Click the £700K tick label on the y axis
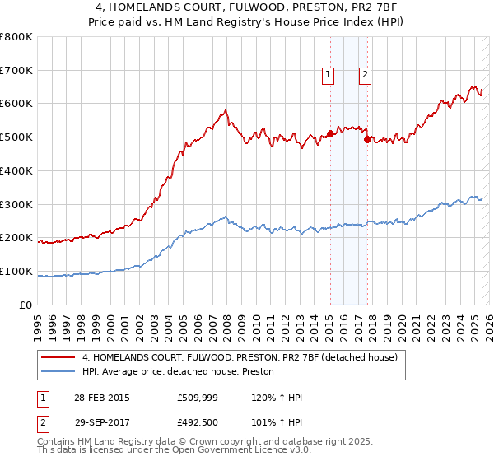pyautogui.click(x=16, y=70)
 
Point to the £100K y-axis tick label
pyautogui.click(x=16, y=271)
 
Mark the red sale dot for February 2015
pyautogui.click(x=330, y=133)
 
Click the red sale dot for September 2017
pyautogui.click(x=367, y=139)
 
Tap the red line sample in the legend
pyautogui.click(x=58, y=357)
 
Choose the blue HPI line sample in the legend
pyautogui.click(x=58, y=370)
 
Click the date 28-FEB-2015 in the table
pyautogui.click(x=101, y=398)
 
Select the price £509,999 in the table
pyautogui.click(x=196, y=398)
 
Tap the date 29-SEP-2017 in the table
pyautogui.click(x=101, y=422)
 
